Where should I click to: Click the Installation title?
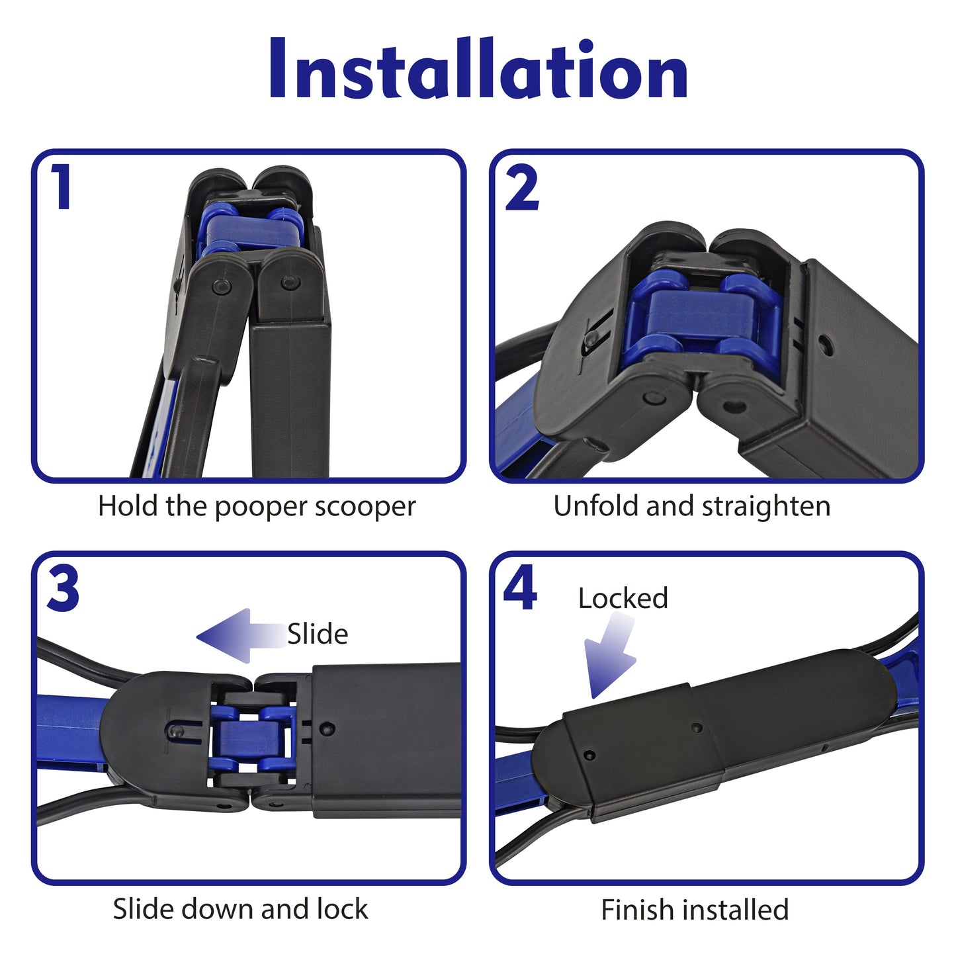[478, 67]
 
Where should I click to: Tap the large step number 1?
[61, 187]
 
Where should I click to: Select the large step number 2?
[522, 187]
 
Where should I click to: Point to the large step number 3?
[63, 589]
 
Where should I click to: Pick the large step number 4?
[520, 588]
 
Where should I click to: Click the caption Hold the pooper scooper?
[257, 507]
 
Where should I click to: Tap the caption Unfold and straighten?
[692, 507]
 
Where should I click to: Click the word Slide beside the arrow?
[318, 634]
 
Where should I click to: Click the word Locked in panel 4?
[623, 598]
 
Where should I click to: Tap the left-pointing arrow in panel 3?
[241, 636]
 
